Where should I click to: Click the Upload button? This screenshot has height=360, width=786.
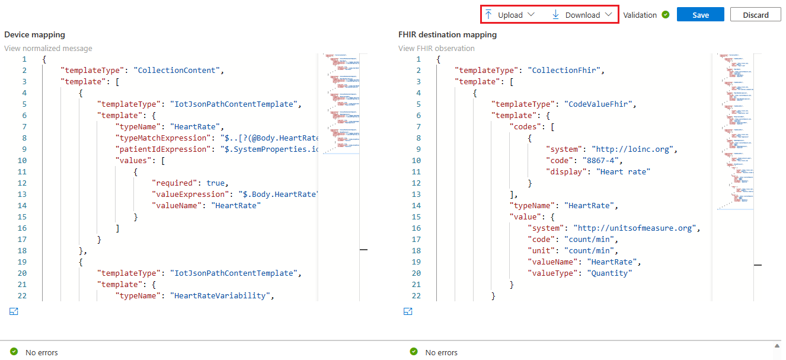pyautogui.click(x=509, y=15)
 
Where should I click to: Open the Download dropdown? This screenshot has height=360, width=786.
pyautogui.click(x=582, y=15)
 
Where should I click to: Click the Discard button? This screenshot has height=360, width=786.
pyautogui.click(x=755, y=15)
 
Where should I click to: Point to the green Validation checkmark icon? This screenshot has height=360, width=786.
pyautogui.click(x=666, y=15)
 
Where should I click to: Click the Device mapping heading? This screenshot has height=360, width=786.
pyautogui.click(x=34, y=35)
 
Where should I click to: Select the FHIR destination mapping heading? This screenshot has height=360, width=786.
pyautogui.click(x=448, y=35)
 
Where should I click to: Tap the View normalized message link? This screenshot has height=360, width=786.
pyautogui.click(x=48, y=48)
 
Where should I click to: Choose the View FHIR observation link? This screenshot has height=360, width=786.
pyautogui.click(x=436, y=48)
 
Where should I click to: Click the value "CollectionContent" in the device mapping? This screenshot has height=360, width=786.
pyautogui.click(x=177, y=71)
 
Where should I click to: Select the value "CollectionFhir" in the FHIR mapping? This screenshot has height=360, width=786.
pyautogui.click(x=565, y=71)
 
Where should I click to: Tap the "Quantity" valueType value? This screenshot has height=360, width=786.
pyautogui.click(x=609, y=273)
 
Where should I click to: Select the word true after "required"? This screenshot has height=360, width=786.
pyautogui.click(x=216, y=183)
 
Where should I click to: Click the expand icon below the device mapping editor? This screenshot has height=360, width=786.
pyautogui.click(x=14, y=311)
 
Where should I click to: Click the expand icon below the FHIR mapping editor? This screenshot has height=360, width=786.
pyautogui.click(x=408, y=311)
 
